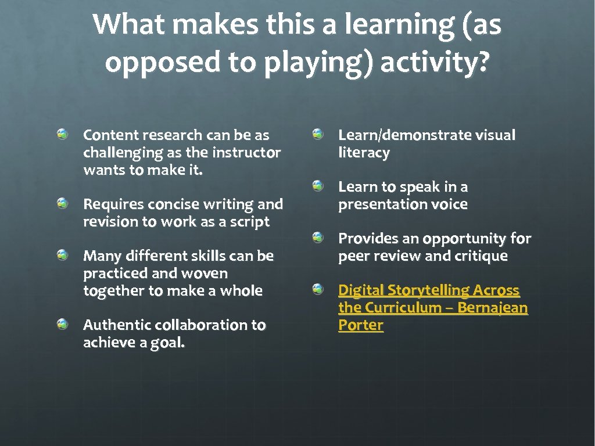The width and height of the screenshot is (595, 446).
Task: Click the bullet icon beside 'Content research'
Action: click(x=63, y=135)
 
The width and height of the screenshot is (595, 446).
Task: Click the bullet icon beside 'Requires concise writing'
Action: click(x=63, y=204)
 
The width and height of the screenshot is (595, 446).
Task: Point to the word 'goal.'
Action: click(x=167, y=343)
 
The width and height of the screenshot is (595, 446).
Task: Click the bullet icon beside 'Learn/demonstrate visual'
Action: click(x=317, y=135)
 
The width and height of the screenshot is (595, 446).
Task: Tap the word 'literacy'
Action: click(x=364, y=153)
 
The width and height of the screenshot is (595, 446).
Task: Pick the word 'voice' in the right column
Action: click(x=449, y=204)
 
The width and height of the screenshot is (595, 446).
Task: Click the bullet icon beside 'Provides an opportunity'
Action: click(x=317, y=238)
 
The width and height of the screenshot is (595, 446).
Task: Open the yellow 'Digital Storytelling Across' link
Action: click(x=429, y=290)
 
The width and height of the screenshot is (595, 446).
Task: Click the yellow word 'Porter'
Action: click(x=361, y=325)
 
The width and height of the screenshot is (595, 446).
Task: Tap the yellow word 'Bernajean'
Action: click(x=493, y=307)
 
